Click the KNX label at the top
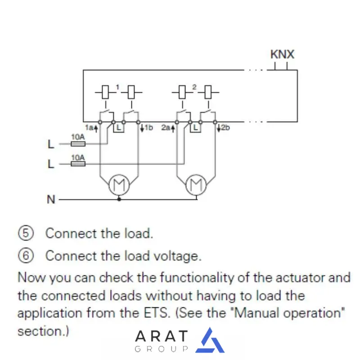coord(282,54)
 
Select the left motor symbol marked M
coord(119,184)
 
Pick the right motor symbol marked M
coord(196,184)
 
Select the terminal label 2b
coord(224,128)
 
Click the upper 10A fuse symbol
coord(78,144)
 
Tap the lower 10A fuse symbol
coord(78,164)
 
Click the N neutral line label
coord(51,199)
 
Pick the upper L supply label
coord(50,145)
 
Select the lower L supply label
coord(50,164)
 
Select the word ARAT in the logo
coord(162,336)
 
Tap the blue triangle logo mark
coord(210,341)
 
